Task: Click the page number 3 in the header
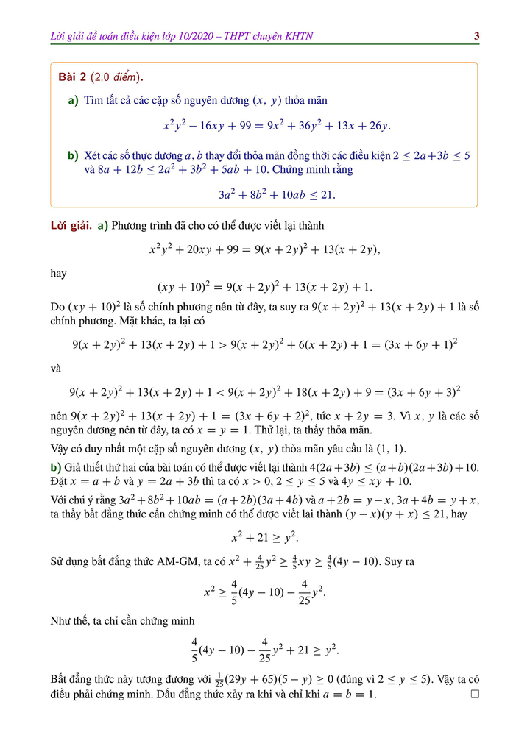pos(477,36)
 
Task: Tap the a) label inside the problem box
pos(73,100)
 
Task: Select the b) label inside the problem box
pos(73,156)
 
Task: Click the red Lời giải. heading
pos(66,225)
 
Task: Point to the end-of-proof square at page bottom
pos(475,694)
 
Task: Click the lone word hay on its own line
pos(58,273)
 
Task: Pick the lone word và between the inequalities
pos(56,368)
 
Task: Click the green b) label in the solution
pos(55,468)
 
